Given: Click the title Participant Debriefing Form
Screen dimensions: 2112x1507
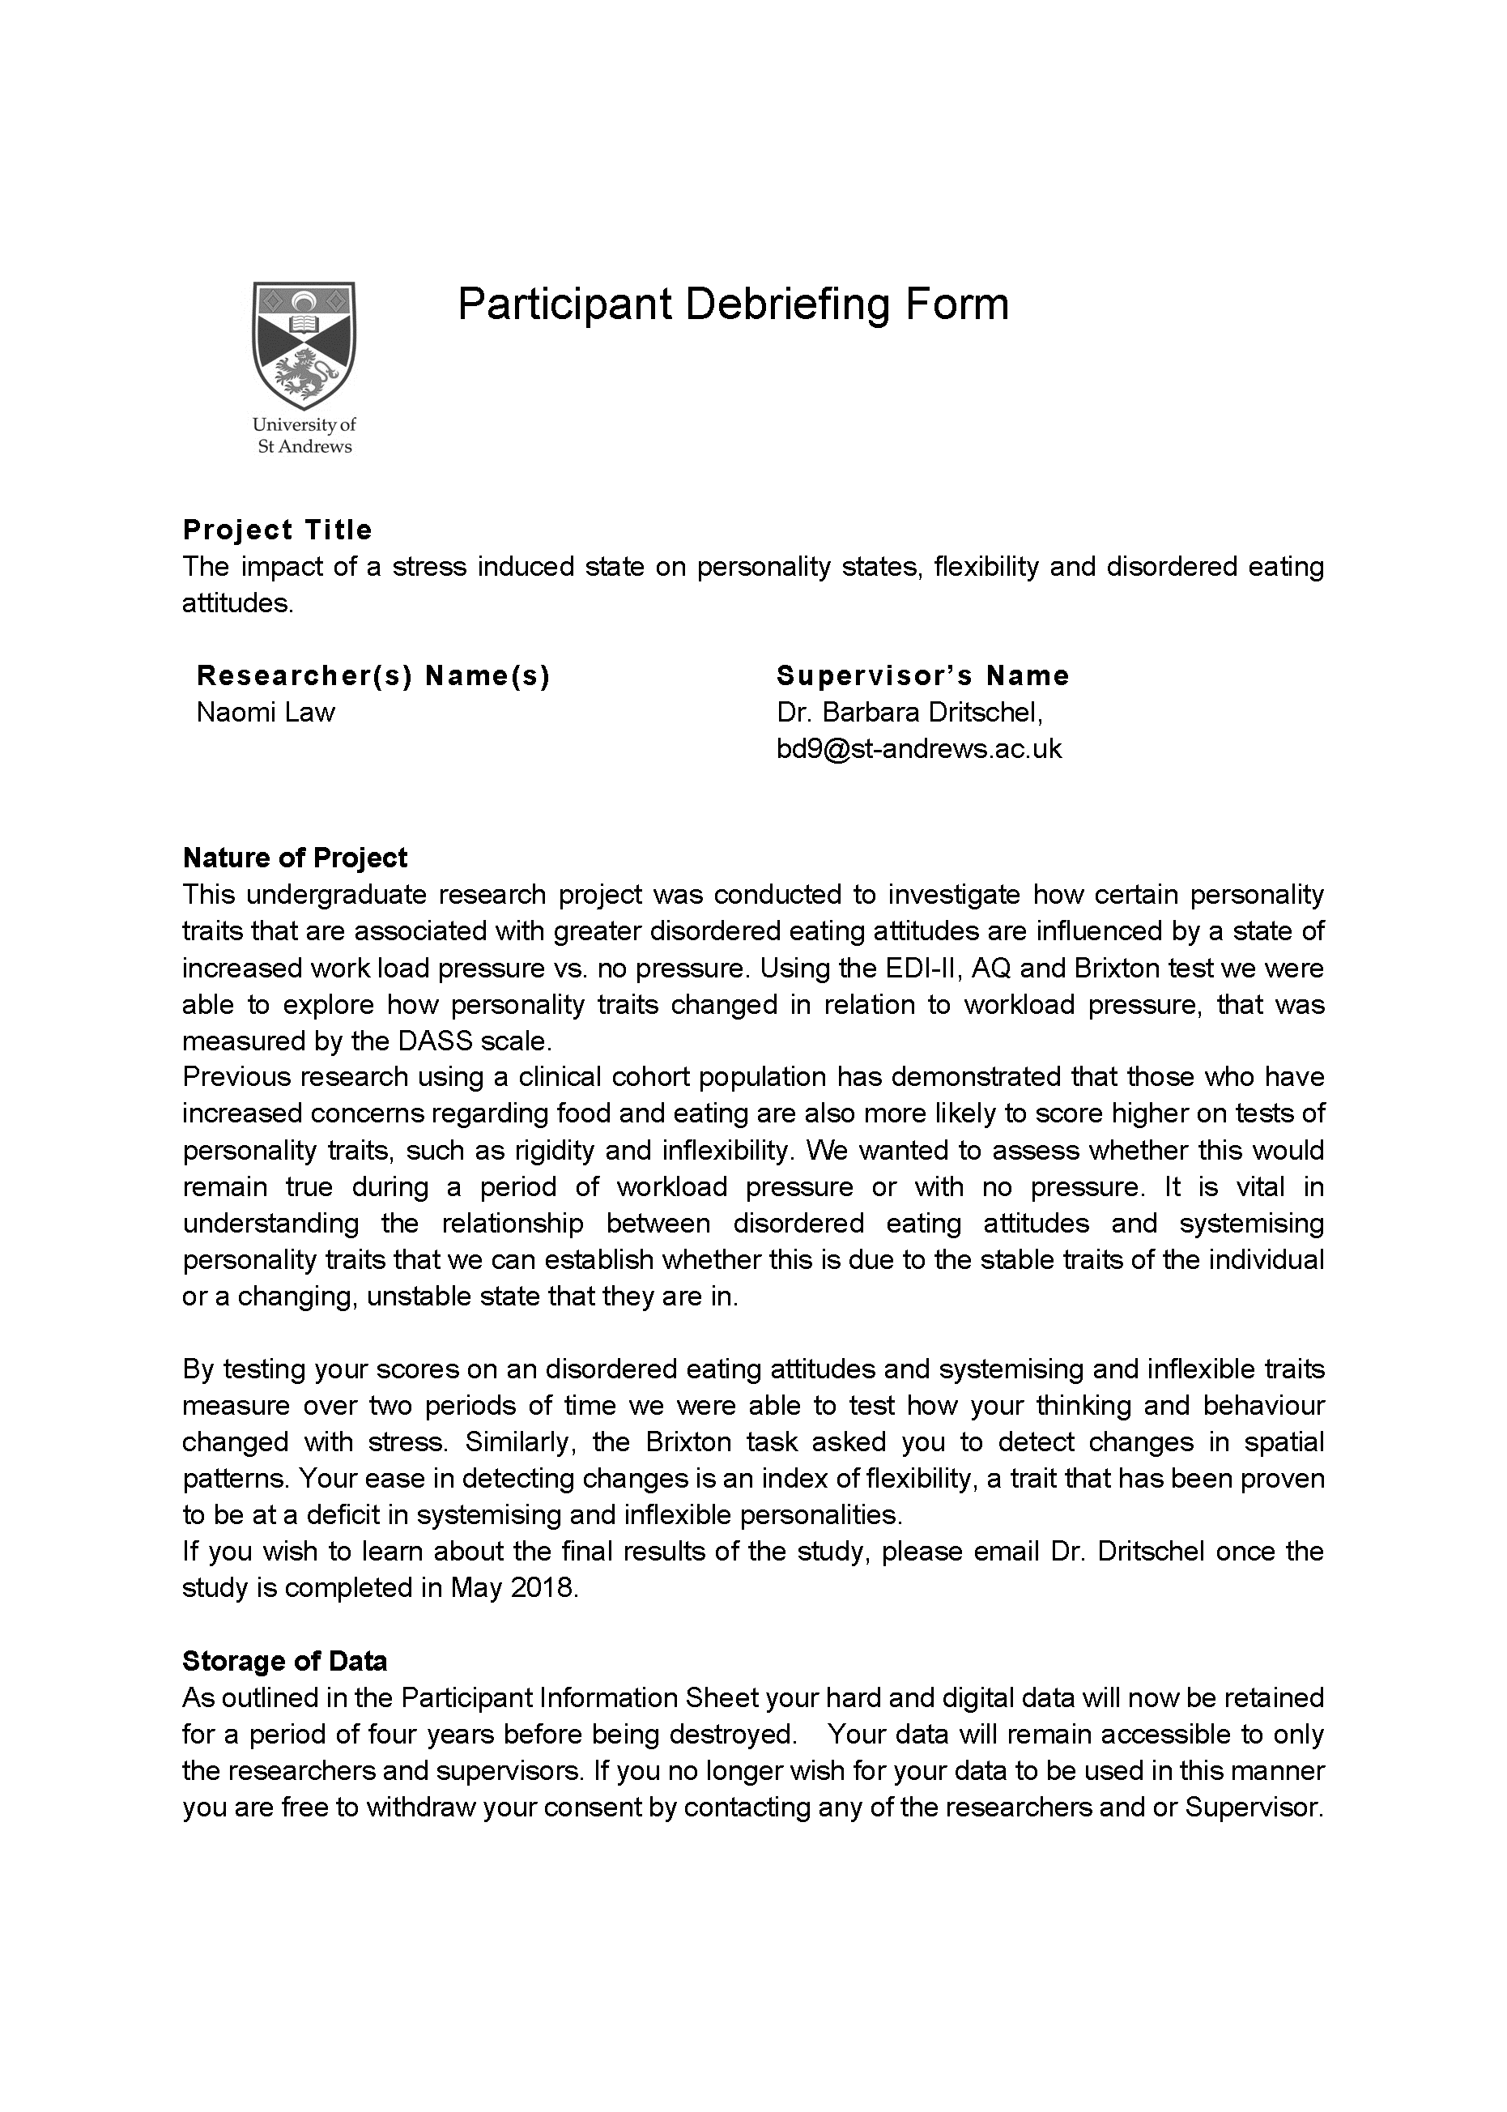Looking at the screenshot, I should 733,304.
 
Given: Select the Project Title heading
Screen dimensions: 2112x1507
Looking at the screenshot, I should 278,530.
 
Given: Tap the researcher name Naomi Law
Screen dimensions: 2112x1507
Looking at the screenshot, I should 266,713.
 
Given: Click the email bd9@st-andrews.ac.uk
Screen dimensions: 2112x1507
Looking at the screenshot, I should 918,749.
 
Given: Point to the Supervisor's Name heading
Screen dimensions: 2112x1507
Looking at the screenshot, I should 922,675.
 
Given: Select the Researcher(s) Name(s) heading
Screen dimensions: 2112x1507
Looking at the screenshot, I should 374,675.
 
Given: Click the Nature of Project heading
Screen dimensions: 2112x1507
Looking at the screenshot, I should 295,858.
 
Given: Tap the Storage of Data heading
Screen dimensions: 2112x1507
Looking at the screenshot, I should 285,1661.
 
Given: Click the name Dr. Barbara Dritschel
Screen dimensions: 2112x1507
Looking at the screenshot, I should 909,713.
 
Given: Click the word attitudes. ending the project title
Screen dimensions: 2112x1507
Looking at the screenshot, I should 237,603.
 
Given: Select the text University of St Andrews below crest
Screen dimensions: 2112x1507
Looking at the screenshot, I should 304,435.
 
